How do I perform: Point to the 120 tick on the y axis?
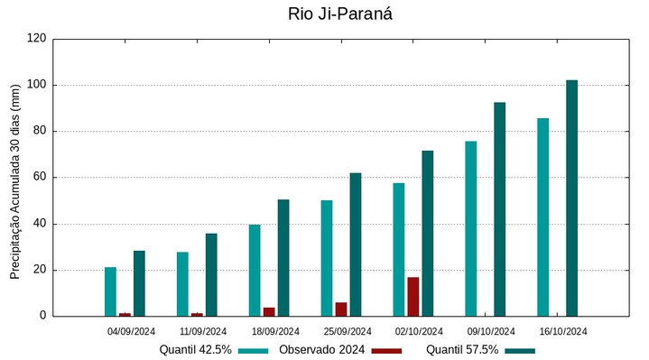[x=37, y=39]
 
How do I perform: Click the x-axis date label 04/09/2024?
[x=131, y=331]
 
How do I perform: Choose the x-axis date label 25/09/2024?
[x=348, y=331]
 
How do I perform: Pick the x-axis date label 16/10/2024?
[x=563, y=331]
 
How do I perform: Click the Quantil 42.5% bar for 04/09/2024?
[x=110, y=291]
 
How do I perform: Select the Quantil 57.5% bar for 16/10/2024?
[x=571, y=198]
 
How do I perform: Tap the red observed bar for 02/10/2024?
[x=413, y=297]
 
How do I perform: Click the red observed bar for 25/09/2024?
[x=340, y=309]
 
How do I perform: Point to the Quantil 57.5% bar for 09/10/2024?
[x=499, y=209]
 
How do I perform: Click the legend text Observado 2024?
[x=321, y=349]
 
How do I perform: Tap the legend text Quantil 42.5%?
[x=196, y=349]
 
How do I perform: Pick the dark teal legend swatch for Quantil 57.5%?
[x=520, y=350]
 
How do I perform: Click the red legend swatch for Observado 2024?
[x=386, y=350]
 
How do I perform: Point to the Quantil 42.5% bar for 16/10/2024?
[x=542, y=217]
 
